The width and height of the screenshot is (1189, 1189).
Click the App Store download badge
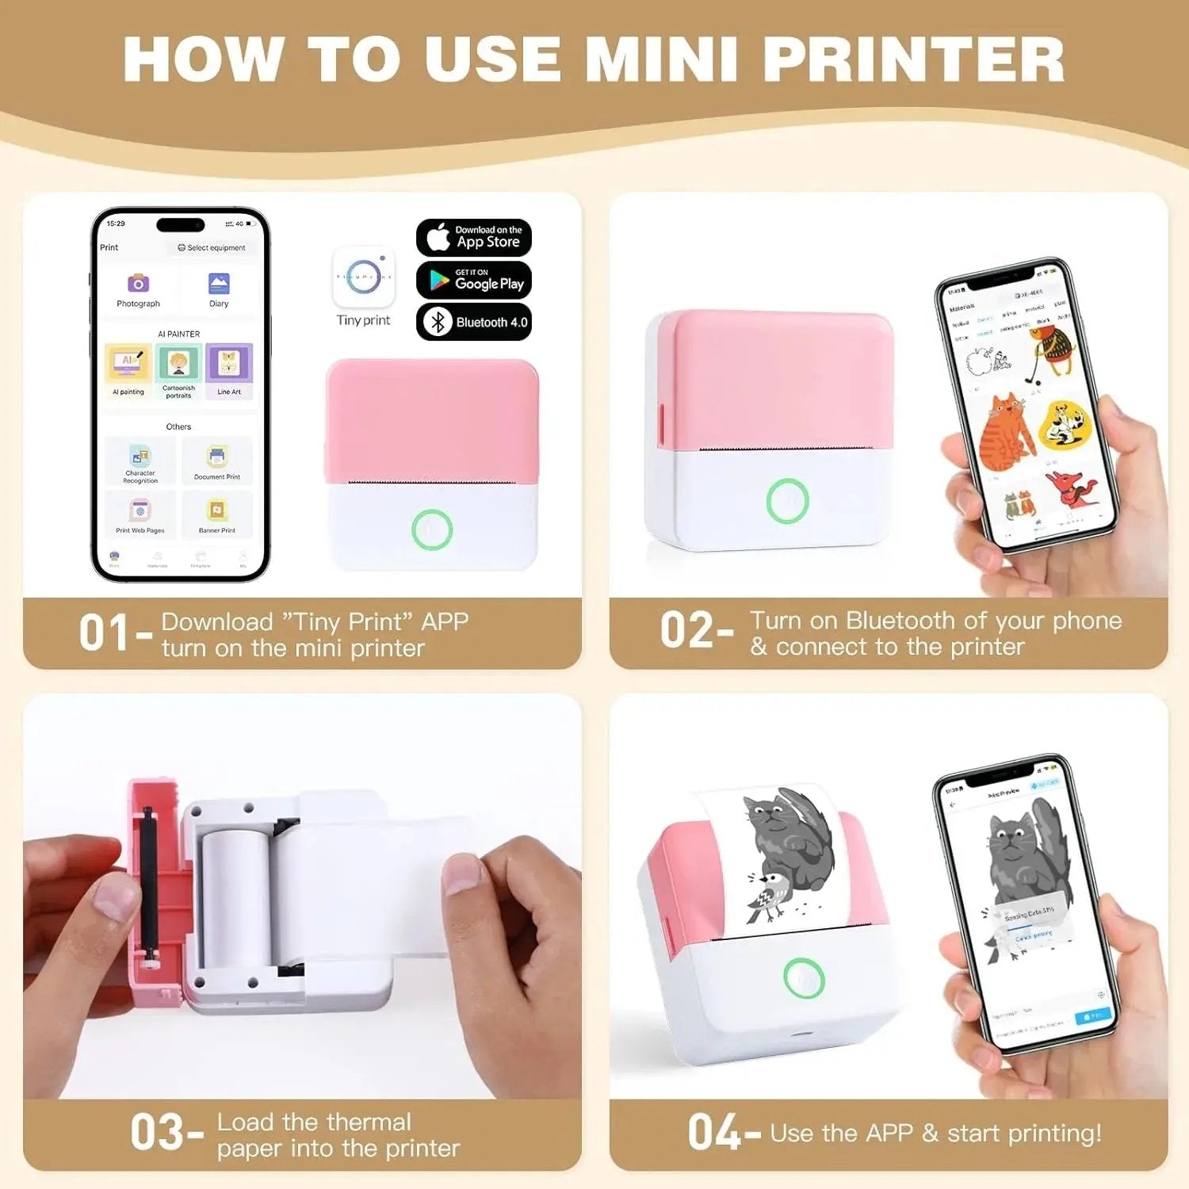pyautogui.click(x=473, y=237)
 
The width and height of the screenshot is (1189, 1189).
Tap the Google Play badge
pyautogui.click(x=473, y=280)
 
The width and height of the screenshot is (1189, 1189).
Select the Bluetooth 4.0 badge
pyautogui.click(x=473, y=322)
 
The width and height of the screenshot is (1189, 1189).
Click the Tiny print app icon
pyautogui.click(x=364, y=277)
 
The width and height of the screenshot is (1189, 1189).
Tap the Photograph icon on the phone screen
pyautogui.click(x=139, y=284)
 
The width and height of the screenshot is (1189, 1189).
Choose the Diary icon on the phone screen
pyautogui.click(x=219, y=284)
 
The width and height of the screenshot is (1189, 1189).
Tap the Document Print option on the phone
pyautogui.click(x=217, y=461)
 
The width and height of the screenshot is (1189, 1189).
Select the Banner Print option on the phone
pyautogui.click(x=217, y=514)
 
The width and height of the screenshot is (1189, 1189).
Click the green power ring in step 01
pyautogui.click(x=432, y=530)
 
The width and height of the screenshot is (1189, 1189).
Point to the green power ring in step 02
pyautogui.click(x=787, y=500)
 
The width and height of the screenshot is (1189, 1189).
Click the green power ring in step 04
pyautogui.click(x=804, y=978)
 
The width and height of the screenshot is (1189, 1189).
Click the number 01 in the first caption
pyautogui.click(x=104, y=633)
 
